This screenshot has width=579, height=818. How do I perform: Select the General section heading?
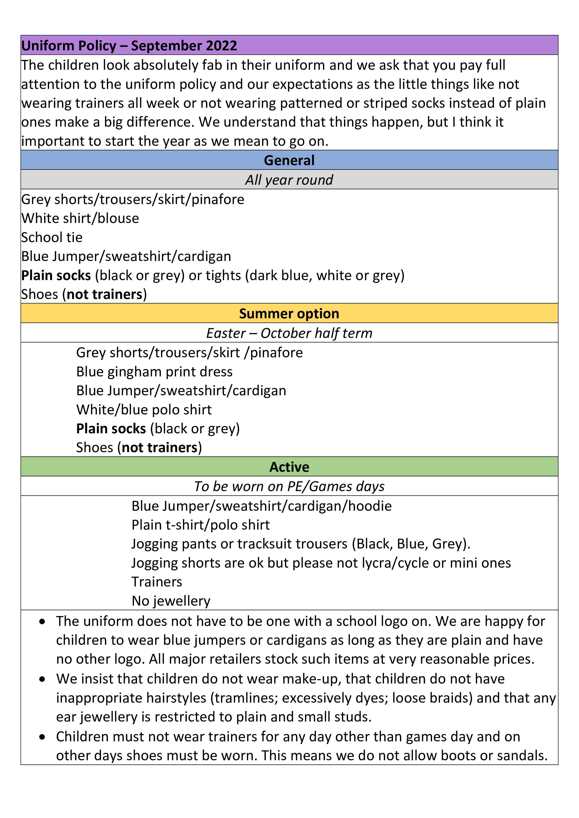coord(289,160)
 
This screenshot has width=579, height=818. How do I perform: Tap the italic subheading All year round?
coord(289,180)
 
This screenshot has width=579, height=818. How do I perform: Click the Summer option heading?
coord(289,314)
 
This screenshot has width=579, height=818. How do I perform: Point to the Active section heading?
coord(289,467)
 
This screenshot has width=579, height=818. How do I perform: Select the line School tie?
coord(52,238)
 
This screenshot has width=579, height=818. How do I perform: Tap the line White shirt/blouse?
coord(80,218)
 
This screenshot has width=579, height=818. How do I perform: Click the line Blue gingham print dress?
coord(154,372)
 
